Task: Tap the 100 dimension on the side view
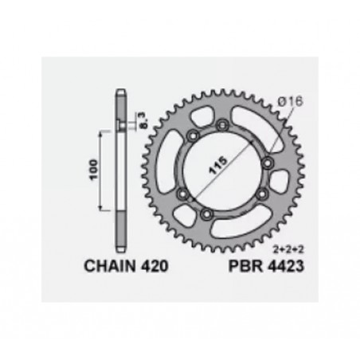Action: pyautogui.click(x=94, y=171)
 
